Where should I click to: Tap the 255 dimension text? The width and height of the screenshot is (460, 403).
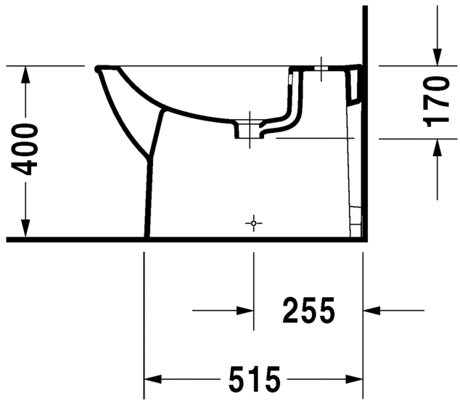pos(308,312)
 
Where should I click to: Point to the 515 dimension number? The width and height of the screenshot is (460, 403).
pos(254,380)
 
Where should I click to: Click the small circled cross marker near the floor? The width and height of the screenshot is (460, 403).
pos(253,223)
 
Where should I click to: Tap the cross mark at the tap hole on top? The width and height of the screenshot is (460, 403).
pos(321,69)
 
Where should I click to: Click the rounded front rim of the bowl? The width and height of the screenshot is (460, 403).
pos(98,70)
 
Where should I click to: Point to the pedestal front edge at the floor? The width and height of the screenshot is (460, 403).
pos(147,235)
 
